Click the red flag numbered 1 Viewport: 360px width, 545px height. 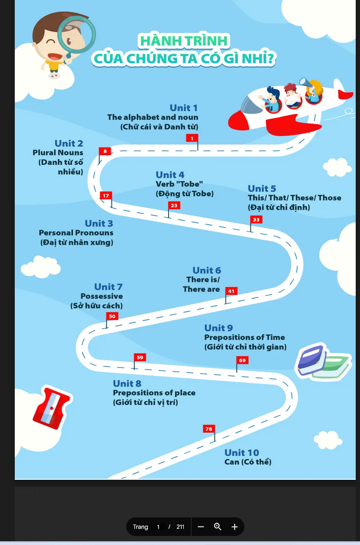pos(192,138)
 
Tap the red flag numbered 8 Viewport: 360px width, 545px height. pos(105,151)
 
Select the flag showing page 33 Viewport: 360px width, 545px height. pos(256,219)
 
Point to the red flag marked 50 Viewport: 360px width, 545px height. pos(112,316)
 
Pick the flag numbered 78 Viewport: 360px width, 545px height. pos(209,429)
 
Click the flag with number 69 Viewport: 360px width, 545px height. pos(242,360)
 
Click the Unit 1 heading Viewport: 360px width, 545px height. pos(183,108)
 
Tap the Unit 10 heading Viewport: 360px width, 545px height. pos(241,453)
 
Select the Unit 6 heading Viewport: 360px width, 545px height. pos(207,270)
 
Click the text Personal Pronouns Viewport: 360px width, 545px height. pos(76,233)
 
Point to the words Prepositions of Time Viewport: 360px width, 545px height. pos(245,337)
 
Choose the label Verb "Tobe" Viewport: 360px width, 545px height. pos(179,184)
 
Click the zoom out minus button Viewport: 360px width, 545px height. pos(201,527)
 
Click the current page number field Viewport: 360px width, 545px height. pos(159,527)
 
